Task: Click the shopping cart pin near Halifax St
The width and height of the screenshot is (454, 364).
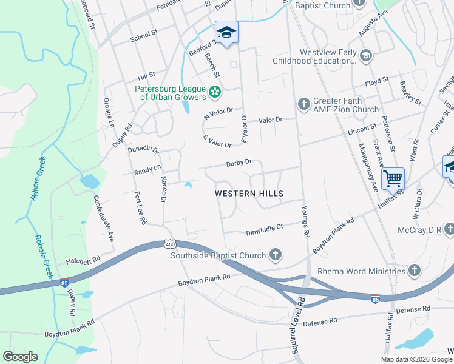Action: tap(393, 178)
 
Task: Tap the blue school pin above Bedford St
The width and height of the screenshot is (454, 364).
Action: tap(226, 33)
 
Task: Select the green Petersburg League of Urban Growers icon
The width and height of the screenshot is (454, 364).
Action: tap(214, 92)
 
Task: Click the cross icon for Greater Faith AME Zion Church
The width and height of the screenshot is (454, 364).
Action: tap(304, 104)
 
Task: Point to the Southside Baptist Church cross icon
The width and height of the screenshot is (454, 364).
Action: tap(276, 255)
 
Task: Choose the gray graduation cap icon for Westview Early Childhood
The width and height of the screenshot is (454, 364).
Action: tap(365, 56)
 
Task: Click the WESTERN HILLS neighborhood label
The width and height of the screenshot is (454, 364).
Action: tap(249, 193)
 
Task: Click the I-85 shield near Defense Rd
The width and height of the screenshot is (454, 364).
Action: tap(376, 298)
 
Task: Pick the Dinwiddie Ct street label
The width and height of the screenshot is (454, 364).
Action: tap(264, 231)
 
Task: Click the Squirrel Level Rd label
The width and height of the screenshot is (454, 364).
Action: tap(297, 328)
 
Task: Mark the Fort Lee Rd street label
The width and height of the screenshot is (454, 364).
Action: tap(140, 208)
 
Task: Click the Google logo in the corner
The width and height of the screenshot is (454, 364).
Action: tap(21, 357)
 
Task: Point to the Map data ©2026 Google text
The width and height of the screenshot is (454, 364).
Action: tap(416, 359)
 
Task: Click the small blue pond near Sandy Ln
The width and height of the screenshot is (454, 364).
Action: tap(189, 184)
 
